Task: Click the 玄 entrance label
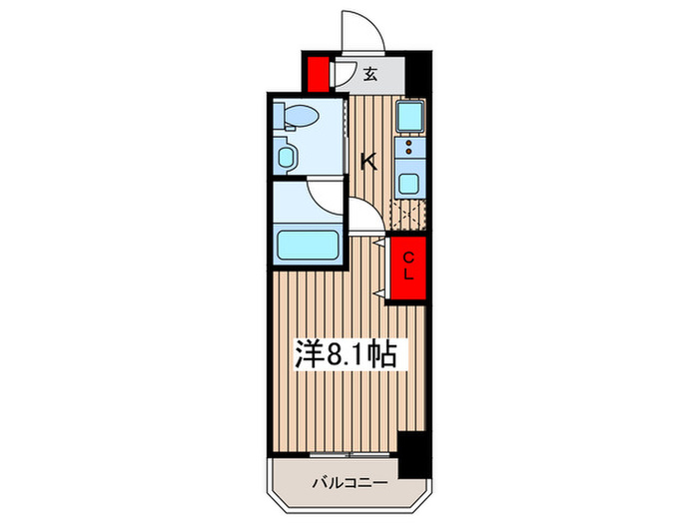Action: [369, 73]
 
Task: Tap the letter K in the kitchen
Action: [368, 160]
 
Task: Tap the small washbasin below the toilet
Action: [289, 157]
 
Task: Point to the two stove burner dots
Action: [409, 152]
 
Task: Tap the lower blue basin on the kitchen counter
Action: [409, 184]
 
